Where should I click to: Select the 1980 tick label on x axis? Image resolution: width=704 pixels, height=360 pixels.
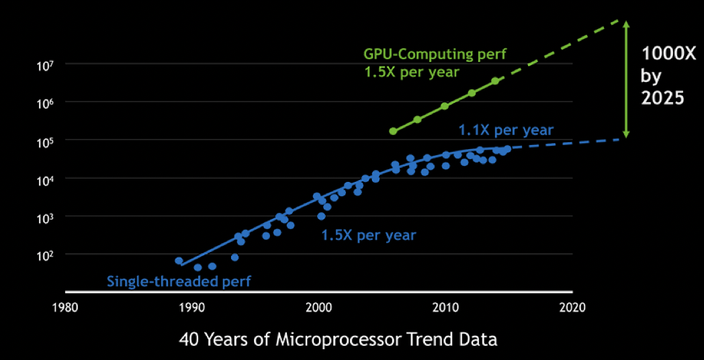pyautogui.click(x=65, y=307)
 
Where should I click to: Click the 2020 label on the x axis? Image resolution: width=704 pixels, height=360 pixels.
pyautogui.click(x=572, y=307)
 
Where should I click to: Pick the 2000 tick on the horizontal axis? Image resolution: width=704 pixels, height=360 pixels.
pyautogui.click(x=318, y=307)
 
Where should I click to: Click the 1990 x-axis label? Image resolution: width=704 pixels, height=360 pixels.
pyautogui.click(x=192, y=307)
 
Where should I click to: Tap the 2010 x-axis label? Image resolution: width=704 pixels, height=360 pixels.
pyautogui.click(x=445, y=307)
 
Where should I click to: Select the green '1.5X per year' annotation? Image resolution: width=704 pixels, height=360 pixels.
pyautogui.click(x=410, y=72)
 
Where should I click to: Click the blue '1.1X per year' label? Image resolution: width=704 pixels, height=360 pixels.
pyautogui.click(x=506, y=130)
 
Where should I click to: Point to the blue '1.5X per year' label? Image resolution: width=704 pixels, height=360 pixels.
pyautogui.click(x=368, y=235)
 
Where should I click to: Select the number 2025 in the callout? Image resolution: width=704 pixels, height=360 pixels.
pyautogui.click(x=662, y=97)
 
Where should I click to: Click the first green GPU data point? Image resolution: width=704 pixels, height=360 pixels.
pyautogui.click(x=393, y=131)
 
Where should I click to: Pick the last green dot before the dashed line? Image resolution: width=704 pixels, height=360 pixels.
pyautogui.click(x=495, y=81)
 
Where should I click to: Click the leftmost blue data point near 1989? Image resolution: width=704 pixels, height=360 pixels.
pyautogui.click(x=179, y=261)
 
